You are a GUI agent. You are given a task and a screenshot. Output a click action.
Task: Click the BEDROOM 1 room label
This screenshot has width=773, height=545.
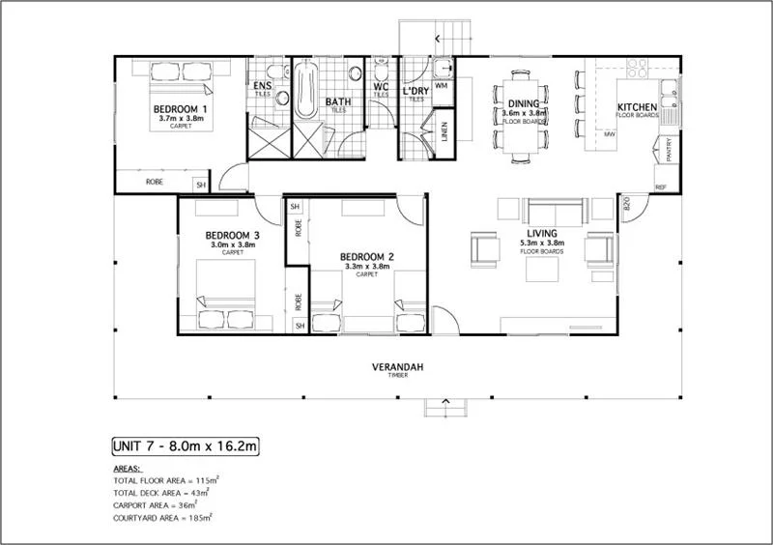[x=181, y=108]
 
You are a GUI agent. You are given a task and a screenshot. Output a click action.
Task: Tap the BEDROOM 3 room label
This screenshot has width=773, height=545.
[x=232, y=236]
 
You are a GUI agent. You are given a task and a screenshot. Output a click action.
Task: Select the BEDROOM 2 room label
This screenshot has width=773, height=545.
[x=366, y=257]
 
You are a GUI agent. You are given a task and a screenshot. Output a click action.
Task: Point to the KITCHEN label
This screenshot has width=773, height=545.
[x=638, y=106]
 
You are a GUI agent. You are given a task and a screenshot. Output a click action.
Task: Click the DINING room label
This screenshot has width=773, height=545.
[x=525, y=103]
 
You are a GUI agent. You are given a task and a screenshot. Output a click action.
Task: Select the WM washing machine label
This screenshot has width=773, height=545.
[x=443, y=86]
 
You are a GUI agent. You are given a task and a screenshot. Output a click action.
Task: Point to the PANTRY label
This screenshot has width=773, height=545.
[x=669, y=150]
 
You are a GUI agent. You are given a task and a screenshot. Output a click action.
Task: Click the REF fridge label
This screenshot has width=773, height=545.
[x=661, y=186]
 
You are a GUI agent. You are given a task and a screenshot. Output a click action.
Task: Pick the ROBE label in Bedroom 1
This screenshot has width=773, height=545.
[x=154, y=182]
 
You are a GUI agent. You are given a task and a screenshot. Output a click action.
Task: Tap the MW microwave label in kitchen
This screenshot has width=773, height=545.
[x=610, y=134]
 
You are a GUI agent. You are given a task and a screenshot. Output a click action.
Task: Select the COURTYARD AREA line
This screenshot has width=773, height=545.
[x=162, y=517]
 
